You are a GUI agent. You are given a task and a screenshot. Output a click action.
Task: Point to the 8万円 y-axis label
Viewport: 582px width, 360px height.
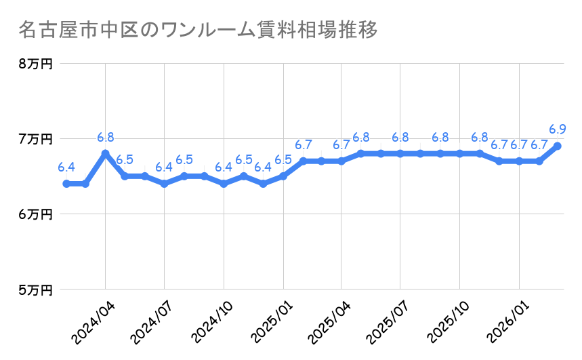(36, 64)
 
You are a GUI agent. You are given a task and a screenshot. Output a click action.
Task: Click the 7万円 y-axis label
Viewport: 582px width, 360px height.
(36, 139)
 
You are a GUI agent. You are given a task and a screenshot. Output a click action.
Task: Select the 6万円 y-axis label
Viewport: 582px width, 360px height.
(36, 214)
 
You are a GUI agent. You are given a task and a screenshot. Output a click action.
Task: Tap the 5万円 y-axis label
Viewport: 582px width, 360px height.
(36, 289)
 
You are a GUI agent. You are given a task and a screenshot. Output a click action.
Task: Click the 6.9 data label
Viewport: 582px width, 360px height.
(558, 129)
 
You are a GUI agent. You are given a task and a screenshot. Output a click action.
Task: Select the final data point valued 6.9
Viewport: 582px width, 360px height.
(558, 146)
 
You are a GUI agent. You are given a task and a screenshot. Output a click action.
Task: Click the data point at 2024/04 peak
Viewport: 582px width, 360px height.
(105, 153)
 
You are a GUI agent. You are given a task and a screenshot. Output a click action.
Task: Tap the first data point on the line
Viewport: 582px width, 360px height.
(66, 184)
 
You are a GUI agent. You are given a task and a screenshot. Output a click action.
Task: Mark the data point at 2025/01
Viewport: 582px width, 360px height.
(283, 176)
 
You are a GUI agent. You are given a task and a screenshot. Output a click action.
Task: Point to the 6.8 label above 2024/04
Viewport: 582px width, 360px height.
(106, 136)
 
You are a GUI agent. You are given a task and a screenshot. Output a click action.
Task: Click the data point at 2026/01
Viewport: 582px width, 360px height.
(519, 161)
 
